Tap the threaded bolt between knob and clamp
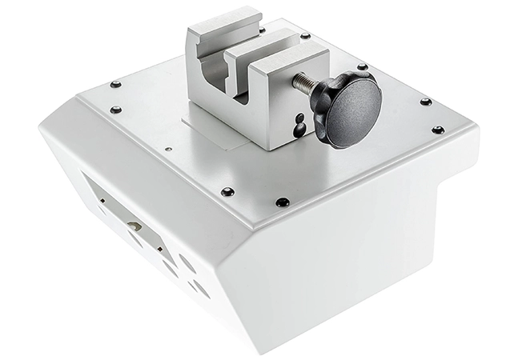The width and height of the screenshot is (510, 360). [x=303, y=83]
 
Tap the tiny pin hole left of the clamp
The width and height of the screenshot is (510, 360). [x=167, y=150]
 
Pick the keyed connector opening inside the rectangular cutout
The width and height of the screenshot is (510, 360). [x=135, y=226]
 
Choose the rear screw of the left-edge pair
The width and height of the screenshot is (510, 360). [x=116, y=84]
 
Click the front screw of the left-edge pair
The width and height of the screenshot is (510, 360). [x=117, y=110]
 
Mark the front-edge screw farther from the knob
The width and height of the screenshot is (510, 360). [x=227, y=192]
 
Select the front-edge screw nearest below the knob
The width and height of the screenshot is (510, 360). [x=282, y=202]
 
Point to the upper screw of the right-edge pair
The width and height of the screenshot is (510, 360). [x=425, y=102]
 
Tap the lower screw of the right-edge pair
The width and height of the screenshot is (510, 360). [x=437, y=130]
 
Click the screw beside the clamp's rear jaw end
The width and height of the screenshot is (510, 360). [x=304, y=36]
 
